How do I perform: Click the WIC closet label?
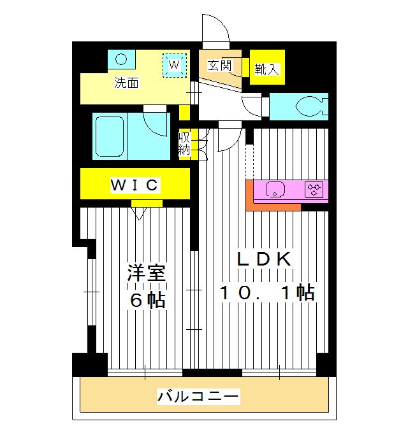click(x=134, y=185)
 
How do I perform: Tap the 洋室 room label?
click(x=146, y=273)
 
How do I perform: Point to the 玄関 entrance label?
click(x=219, y=65)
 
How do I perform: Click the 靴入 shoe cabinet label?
click(x=266, y=69)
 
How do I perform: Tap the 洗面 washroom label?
click(x=126, y=83)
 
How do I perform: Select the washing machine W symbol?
click(x=175, y=64)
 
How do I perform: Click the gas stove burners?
click(x=314, y=189)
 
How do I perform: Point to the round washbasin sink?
click(x=122, y=59)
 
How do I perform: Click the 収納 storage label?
click(x=184, y=143)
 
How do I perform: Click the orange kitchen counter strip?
click(x=273, y=206)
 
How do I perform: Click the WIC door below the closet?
click(x=140, y=209)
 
